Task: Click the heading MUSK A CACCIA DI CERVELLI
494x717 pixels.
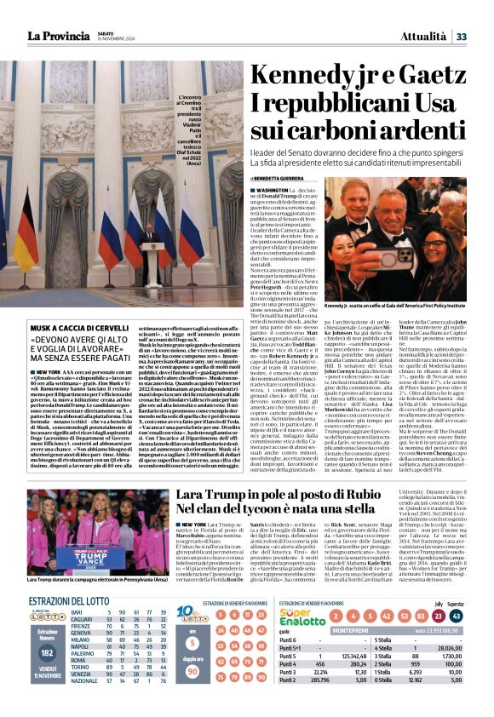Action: click(x=72, y=328)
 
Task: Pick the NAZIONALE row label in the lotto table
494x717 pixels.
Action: click(x=85, y=703)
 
